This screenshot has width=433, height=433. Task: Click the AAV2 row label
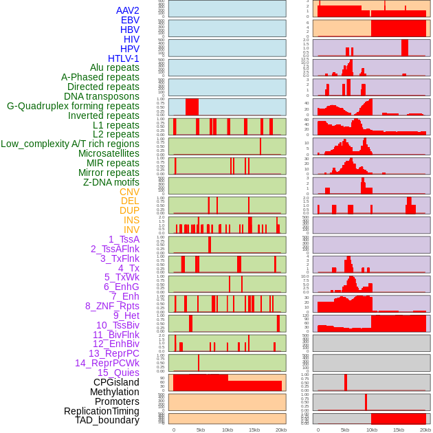[127, 10]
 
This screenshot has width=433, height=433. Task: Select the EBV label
[130, 20]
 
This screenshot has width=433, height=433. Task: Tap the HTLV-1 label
[123, 58]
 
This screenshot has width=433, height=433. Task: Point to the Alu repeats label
[114, 68]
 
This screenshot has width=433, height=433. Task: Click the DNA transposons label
[102, 96]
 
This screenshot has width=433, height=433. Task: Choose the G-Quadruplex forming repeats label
[73, 106]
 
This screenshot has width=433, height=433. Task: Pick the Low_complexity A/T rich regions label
[70, 144]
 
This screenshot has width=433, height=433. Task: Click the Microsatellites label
[109, 153]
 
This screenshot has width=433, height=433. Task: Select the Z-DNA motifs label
[111, 182]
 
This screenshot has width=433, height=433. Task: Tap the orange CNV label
[129, 192]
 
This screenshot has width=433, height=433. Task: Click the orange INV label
[131, 230]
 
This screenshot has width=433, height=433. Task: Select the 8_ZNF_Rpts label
[112, 306]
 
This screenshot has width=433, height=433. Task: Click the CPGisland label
[116, 382]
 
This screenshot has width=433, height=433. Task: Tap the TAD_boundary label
[107, 420]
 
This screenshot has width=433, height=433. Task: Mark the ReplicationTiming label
[102, 411]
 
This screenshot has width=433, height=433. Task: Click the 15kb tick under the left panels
[254, 430]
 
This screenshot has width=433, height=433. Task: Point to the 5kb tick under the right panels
[345, 430]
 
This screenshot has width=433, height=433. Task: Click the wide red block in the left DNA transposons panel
[192, 107]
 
